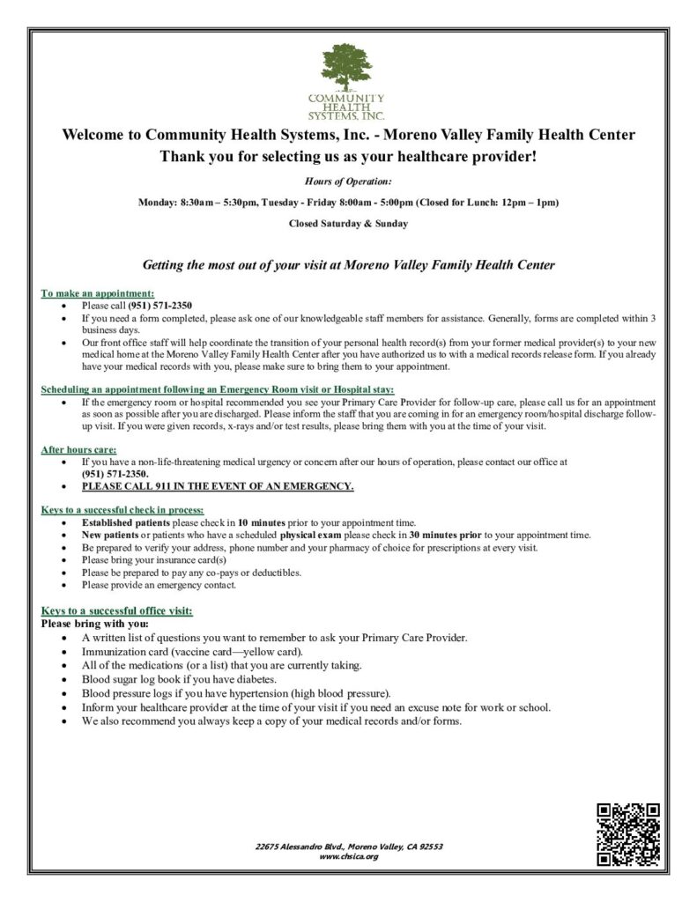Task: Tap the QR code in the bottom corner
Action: click(628, 834)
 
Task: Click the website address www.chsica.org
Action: click(348, 856)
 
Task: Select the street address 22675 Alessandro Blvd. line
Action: click(348, 847)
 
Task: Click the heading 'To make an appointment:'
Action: click(98, 293)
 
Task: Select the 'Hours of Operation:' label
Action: click(348, 181)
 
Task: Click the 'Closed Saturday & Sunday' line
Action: click(348, 224)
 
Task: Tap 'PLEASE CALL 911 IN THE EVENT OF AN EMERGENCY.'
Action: click(218, 486)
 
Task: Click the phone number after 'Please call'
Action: click(161, 305)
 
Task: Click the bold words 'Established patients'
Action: click(127, 522)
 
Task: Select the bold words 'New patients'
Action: click(111, 535)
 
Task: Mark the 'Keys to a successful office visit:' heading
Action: click(116, 610)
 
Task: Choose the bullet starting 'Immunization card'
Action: click(192, 652)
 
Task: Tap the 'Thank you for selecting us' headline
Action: click(347, 157)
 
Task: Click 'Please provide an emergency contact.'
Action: click(159, 584)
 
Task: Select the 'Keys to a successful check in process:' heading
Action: click(122, 510)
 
